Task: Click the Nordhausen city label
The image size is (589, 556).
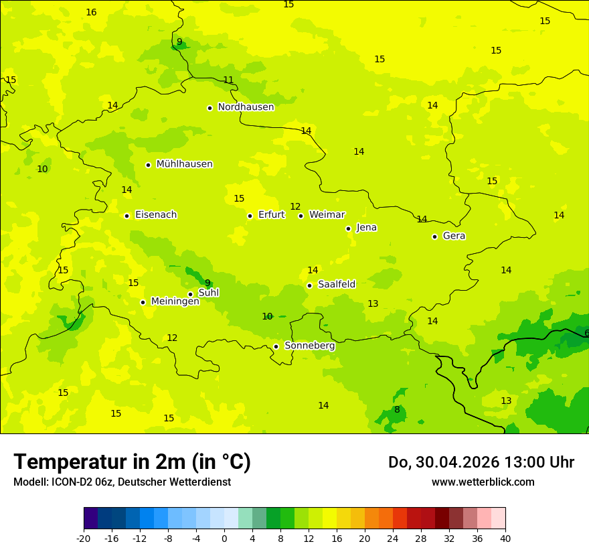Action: [246, 107]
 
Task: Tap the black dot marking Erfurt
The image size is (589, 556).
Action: [250, 216]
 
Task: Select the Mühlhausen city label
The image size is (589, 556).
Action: [184, 164]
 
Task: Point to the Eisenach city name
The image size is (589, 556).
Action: [156, 215]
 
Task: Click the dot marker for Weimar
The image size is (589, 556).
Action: [301, 216]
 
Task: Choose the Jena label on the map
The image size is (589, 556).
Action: [366, 228]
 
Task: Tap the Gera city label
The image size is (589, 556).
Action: [454, 236]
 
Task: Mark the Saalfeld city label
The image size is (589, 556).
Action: [337, 285]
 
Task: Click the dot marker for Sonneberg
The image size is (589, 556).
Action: [276, 346]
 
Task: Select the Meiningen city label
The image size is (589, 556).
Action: [175, 301]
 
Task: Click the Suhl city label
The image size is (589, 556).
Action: [209, 293]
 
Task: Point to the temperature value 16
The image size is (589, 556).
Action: [91, 13]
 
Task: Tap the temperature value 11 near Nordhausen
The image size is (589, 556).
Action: [228, 80]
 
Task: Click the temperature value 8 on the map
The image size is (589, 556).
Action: [397, 410]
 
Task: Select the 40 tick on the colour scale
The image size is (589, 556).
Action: [505, 538]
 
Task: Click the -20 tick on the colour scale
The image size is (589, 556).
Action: [84, 538]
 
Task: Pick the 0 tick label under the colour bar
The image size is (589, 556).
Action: [224, 538]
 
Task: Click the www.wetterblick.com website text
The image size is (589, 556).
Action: [483, 482]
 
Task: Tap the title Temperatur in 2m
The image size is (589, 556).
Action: [132, 462]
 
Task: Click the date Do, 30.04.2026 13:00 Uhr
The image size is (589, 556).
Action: [481, 462]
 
